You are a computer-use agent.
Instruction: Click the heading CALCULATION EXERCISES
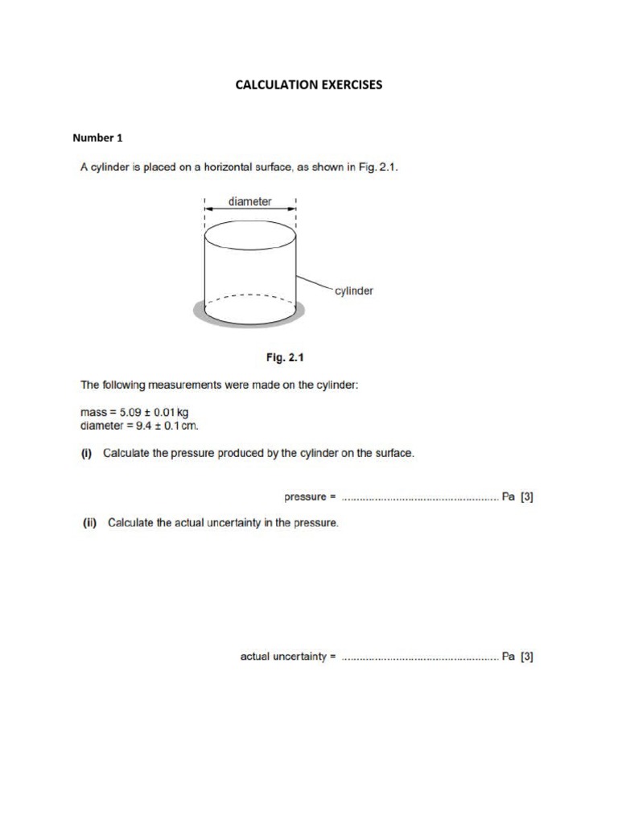pos(308,84)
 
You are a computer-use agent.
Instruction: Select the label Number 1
pos(97,138)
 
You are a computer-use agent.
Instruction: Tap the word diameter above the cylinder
pos(249,201)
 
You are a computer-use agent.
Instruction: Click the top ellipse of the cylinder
pos(251,234)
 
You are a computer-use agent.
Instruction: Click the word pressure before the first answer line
pos(303,496)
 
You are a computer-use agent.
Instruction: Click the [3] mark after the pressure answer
pos(527,496)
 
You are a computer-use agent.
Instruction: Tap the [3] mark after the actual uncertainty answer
pos(527,657)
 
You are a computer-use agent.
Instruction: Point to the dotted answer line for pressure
pos(419,499)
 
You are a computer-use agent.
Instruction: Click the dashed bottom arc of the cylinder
pos(251,295)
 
